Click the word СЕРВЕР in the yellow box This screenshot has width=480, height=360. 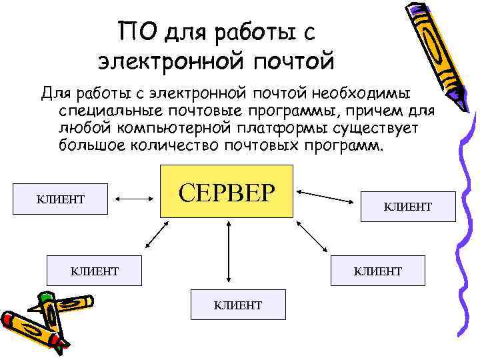point(227,191)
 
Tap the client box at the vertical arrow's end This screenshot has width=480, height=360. point(237,305)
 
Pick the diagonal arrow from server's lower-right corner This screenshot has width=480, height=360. point(313,235)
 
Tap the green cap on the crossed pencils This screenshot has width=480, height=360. point(46,298)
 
